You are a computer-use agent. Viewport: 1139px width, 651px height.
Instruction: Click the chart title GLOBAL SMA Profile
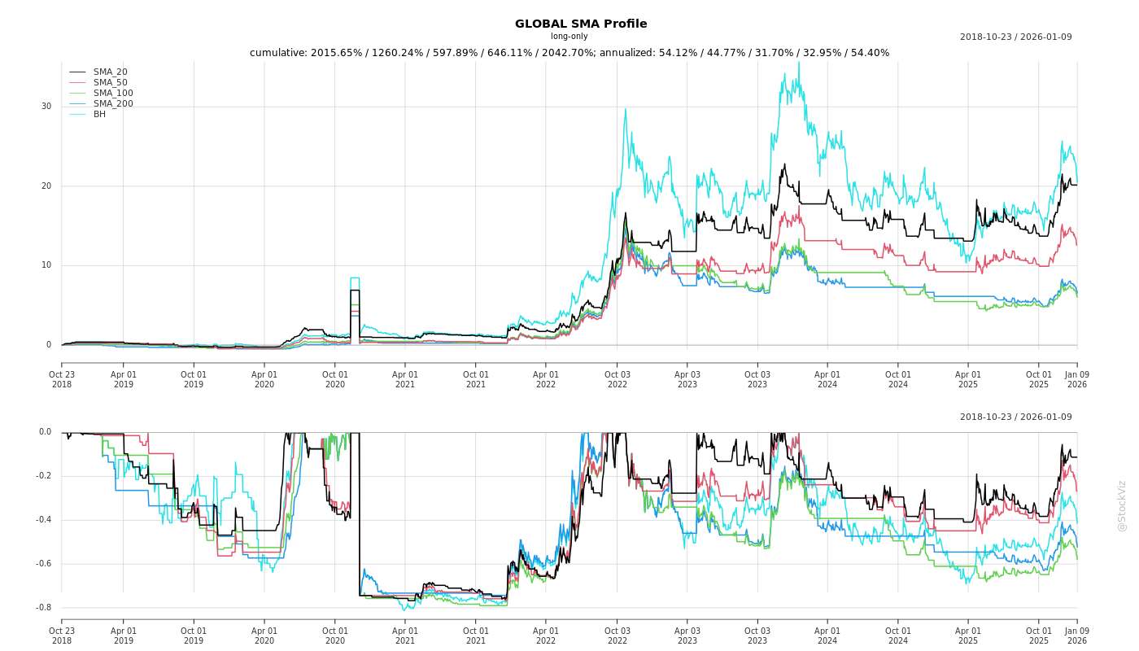coord(581,24)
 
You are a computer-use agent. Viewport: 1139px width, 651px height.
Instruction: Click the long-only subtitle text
coord(569,37)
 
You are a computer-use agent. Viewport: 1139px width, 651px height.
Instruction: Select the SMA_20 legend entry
coord(110,72)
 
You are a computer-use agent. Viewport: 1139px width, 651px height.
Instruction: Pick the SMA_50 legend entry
coord(110,83)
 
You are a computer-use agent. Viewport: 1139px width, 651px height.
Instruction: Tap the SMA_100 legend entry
coord(113,94)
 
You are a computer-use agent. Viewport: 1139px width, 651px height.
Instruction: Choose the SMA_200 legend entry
coord(113,104)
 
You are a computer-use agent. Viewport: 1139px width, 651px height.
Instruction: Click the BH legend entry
coord(99,115)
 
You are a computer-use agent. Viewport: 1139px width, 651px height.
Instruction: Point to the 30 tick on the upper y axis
coord(46,107)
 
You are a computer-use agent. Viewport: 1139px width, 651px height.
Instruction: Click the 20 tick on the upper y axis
coord(46,186)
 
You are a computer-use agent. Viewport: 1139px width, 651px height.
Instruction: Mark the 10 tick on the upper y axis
coord(46,265)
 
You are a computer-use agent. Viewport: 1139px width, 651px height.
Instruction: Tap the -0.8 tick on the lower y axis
coord(44,608)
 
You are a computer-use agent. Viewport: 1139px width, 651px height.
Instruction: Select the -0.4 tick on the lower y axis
coord(44,520)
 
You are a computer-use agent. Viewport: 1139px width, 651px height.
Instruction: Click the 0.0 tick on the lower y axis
coord(45,432)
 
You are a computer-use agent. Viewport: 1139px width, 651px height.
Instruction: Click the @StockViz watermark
coord(1122,505)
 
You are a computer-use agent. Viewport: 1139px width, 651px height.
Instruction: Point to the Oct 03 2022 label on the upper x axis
coord(617,380)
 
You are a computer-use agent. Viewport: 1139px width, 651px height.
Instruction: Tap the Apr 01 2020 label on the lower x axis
coord(264,636)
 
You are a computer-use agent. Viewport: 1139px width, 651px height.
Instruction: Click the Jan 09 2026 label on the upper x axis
coord(1076,380)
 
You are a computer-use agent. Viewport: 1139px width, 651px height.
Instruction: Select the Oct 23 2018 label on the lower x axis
coord(62,636)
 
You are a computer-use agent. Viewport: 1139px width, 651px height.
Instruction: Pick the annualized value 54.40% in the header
coord(869,53)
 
